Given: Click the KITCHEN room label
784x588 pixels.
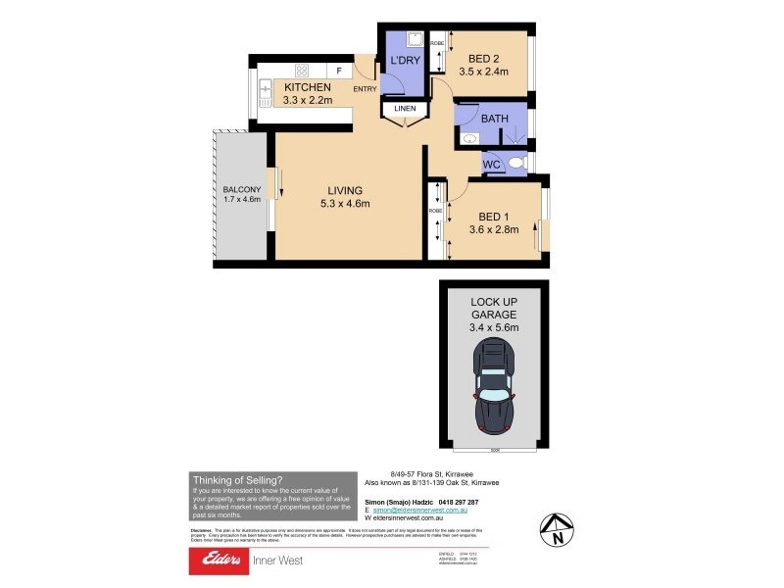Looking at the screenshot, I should [308, 87].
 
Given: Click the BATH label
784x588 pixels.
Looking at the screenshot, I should [494, 120].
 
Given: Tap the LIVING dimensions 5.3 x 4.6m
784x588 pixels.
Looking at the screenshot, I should [344, 204].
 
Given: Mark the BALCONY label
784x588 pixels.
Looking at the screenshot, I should [241, 189].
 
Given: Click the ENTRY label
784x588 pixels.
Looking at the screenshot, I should [365, 90].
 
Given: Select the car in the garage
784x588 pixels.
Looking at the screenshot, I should [494, 386].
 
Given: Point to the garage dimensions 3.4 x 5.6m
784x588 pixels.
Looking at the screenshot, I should [494, 327].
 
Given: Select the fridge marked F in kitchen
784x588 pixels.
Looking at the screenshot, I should [339, 71].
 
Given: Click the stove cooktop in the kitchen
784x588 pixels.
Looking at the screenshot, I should [302, 71].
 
